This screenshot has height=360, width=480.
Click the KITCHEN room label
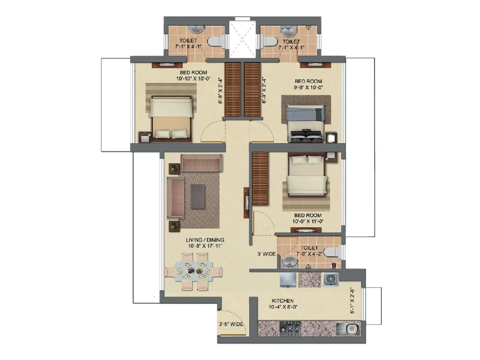coord(283,301)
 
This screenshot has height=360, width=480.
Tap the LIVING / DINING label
coord(205,240)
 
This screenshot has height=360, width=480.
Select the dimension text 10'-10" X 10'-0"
coord(194,79)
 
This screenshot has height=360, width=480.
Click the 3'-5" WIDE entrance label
coord(231,324)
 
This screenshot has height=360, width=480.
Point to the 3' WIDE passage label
coord(266,254)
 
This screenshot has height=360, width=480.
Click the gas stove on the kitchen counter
coord(290,328)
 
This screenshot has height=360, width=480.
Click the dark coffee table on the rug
coord(198,196)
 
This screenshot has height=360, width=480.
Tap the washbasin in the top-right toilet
coord(288,30)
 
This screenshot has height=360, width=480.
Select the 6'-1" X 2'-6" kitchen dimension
coord(352,301)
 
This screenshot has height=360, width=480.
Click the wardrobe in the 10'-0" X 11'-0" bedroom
coord(260,179)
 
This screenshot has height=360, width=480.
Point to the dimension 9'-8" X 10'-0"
coord(308,88)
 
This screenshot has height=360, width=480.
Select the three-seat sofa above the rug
coord(201,163)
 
